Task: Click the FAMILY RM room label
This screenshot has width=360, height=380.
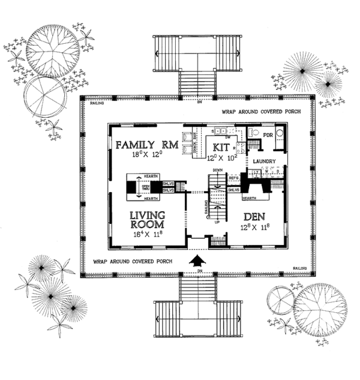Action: (x=145, y=145)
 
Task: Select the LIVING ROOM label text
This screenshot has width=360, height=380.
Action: (x=145, y=220)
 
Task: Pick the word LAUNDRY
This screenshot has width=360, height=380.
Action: (x=263, y=161)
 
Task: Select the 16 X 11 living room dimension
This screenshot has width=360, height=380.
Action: (x=145, y=235)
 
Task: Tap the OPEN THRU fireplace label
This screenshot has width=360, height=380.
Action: (x=145, y=187)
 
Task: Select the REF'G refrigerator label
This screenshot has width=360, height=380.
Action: (x=234, y=178)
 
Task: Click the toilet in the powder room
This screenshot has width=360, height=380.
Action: (x=253, y=133)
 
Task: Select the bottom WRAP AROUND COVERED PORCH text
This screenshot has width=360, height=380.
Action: (x=133, y=262)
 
